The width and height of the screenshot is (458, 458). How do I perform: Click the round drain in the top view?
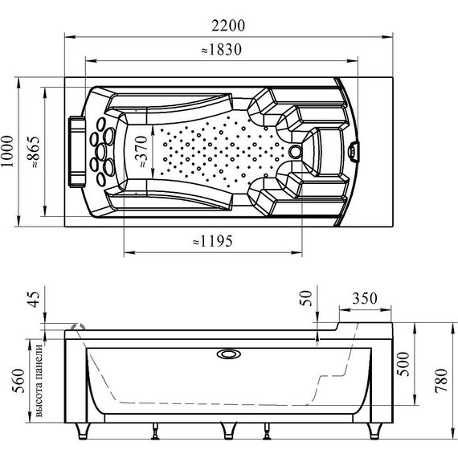[x=296, y=149]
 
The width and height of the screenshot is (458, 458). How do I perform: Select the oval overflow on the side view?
[x=228, y=353]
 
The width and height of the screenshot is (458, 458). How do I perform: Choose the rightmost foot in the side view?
[x=374, y=433]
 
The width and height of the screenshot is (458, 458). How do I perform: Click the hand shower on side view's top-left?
[x=79, y=326]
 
